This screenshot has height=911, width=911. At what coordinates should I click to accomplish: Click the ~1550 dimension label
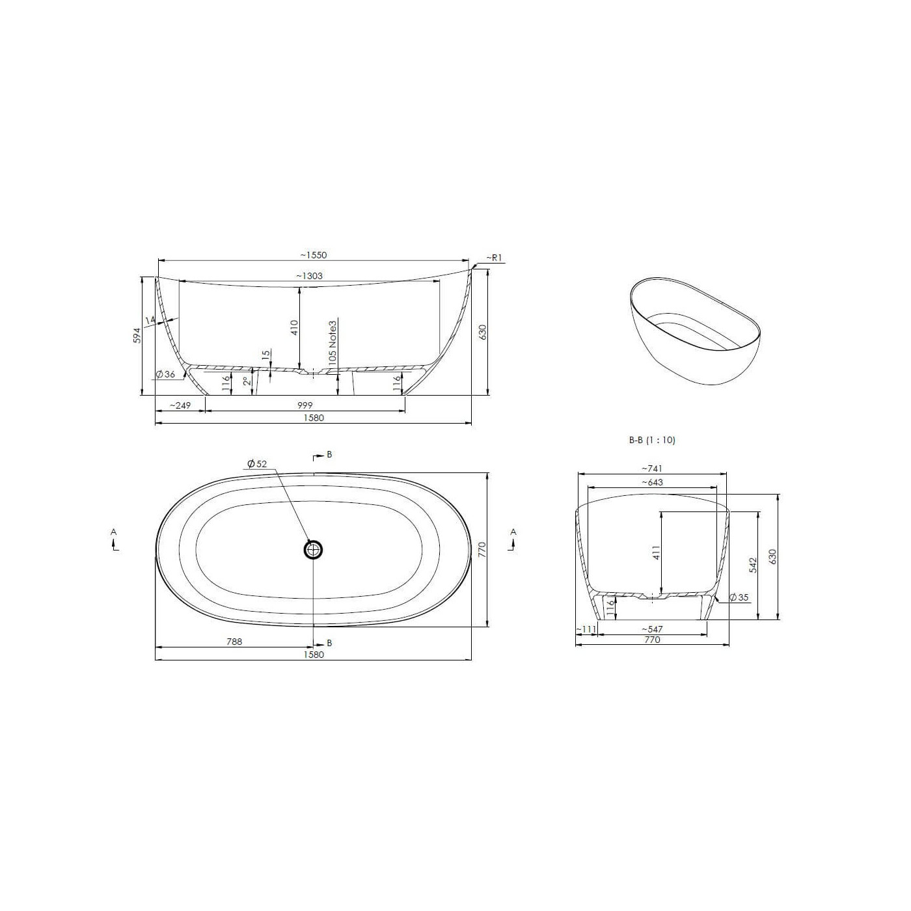pyautogui.click(x=314, y=255)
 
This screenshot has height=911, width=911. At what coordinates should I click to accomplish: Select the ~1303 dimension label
pyautogui.click(x=309, y=276)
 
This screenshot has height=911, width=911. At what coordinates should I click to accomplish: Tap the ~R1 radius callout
pyautogui.click(x=493, y=258)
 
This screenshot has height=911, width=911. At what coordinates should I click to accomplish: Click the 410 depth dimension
pyautogui.click(x=294, y=328)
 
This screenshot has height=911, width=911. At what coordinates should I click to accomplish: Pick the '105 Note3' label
pyautogui.click(x=333, y=342)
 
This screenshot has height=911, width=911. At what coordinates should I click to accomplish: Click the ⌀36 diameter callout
pyautogui.click(x=165, y=374)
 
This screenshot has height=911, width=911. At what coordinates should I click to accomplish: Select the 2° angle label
pyautogui.click(x=247, y=381)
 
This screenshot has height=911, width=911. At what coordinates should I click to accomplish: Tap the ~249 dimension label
pyautogui.click(x=180, y=405)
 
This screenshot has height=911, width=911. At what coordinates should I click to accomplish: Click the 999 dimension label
pyautogui.click(x=305, y=405)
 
